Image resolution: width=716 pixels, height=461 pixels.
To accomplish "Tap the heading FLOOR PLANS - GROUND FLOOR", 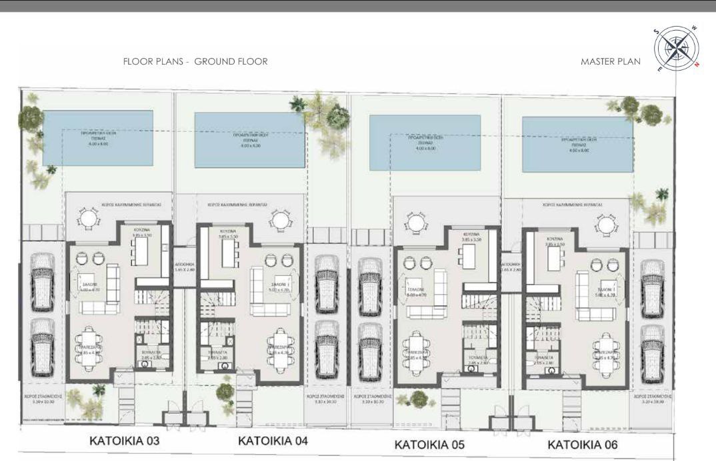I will pos(195,61).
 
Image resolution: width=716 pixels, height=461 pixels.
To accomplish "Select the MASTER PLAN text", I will pos(610,61).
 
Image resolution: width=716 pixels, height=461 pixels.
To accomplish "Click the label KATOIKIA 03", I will pos(125,441).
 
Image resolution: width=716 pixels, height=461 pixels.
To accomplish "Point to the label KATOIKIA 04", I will pos(273,441).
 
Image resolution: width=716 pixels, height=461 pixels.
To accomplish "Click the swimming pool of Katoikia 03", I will pos(98,139).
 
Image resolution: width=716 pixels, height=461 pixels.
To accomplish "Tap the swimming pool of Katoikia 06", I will pos(577,144).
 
